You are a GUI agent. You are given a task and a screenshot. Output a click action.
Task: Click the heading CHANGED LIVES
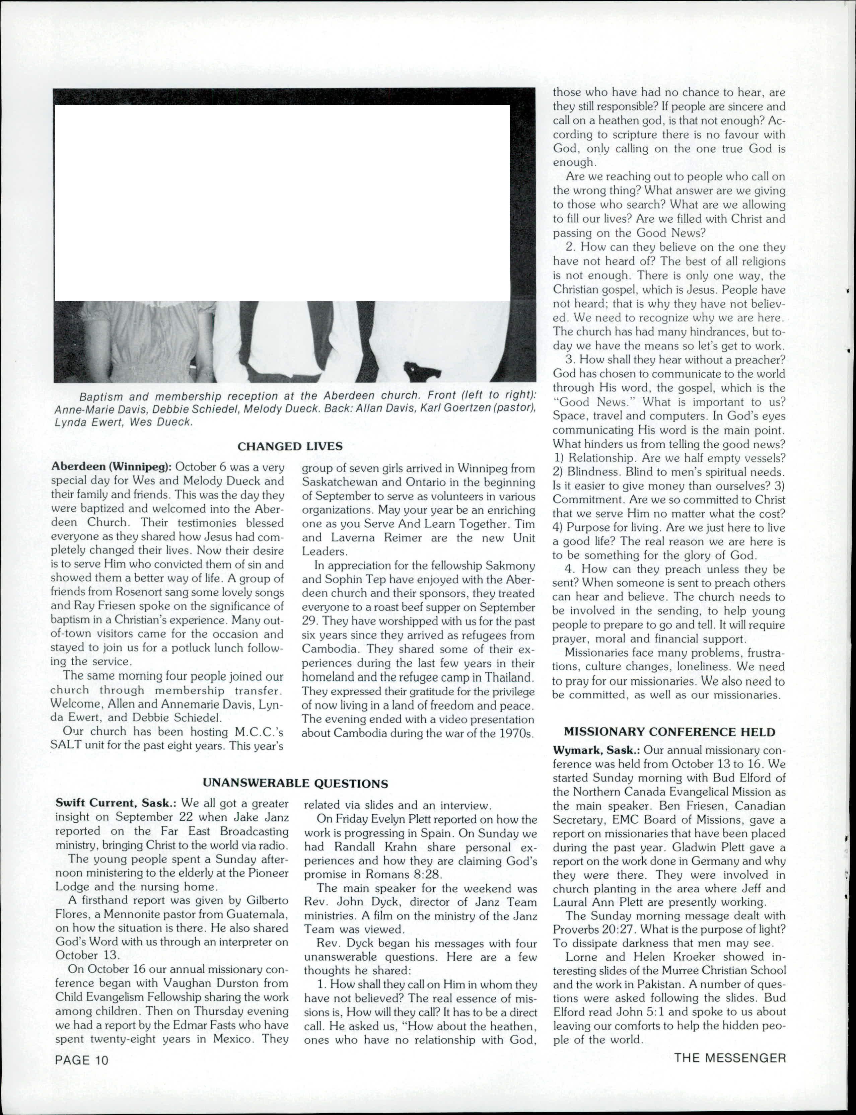pyautogui.click(x=290, y=447)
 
